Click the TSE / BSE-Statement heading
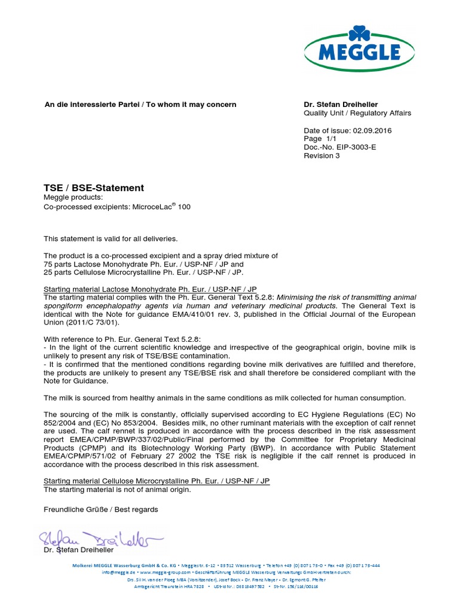pyautogui.click(x=94, y=188)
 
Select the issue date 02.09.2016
pyautogui.click(x=372, y=130)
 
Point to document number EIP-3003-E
pyautogui.click(x=358, y=147)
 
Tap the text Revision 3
pyautogui.click(x=322, y=155)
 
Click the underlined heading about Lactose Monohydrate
pyautogui.click(x=151, y=289)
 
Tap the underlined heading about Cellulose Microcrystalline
pyautogui.click(x=157, y=481)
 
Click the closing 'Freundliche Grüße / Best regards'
pyautogui.click(x=101, y=509)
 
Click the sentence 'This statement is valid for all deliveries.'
pyautogui.click(x=111, y=238)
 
